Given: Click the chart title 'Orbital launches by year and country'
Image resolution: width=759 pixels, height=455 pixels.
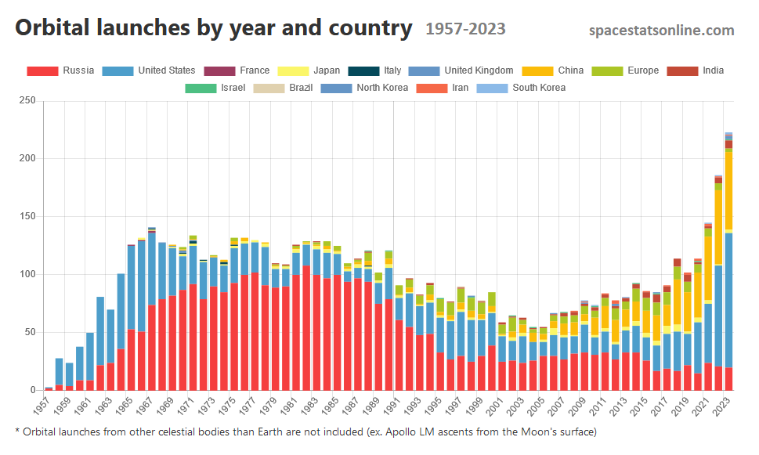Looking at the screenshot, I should point(213,29).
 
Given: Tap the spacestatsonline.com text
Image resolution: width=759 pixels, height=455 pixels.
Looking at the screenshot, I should point(661,31).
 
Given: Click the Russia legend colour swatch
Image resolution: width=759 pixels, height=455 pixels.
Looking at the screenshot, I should point(42,70).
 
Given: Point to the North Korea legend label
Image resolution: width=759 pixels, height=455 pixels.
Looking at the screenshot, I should point(381,88).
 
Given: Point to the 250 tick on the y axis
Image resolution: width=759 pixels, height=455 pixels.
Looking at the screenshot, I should point(27,101).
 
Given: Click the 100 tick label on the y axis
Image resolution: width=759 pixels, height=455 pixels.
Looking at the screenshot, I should point(27,274).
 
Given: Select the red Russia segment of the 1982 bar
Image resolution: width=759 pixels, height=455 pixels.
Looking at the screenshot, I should point(306,329).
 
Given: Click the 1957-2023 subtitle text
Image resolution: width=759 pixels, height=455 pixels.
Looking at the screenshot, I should point(465,30).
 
